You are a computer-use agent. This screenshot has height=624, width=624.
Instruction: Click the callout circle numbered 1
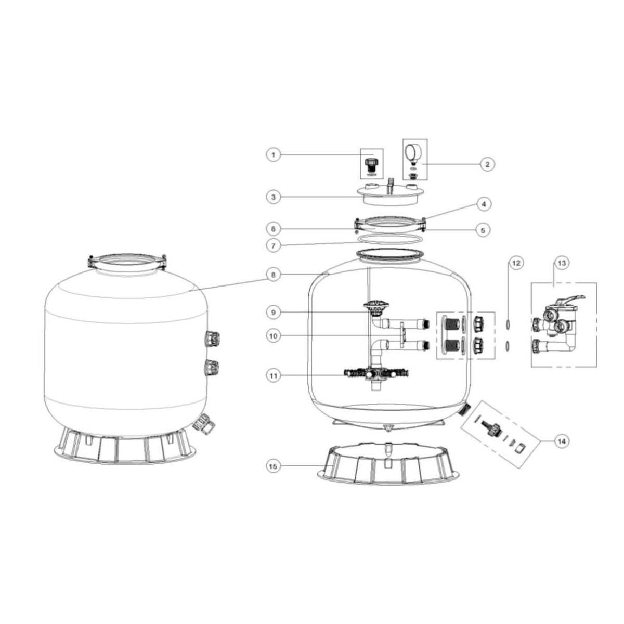[x=274, y=155]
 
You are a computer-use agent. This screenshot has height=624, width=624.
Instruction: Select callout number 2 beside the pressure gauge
[x=487, y=164]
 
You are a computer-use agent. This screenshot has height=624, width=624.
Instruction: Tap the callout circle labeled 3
[x=274, y=197]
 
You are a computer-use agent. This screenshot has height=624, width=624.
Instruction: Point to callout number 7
[x=274, y=246]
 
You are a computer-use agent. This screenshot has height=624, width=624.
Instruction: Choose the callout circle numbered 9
[x=274, y=313]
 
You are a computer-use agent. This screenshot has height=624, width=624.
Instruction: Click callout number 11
[x=274, y=376]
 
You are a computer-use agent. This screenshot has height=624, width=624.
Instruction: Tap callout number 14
[x=562, y=441]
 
